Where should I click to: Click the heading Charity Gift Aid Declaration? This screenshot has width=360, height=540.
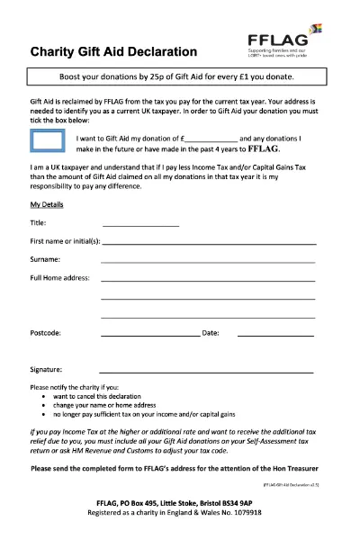[x=113, y=52]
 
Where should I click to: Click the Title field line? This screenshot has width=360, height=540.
[x=140, y=223]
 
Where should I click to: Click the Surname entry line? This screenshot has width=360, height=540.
[x=208, y=261]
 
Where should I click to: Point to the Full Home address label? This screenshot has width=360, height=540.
[x=59, y=278]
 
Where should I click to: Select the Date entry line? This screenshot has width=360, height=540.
[x=274, y=335]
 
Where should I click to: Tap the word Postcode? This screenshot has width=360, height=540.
[x=45, y=334]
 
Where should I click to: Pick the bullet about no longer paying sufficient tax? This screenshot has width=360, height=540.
[x=144, y=415]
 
